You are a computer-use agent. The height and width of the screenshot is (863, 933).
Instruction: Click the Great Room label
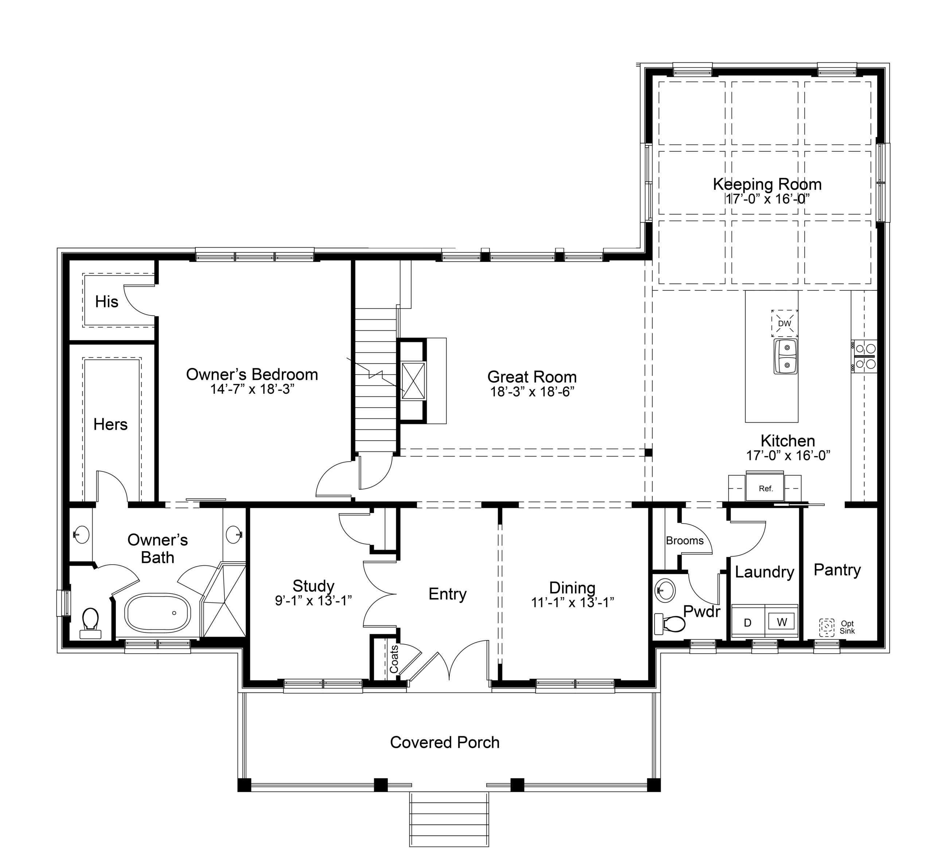pyautogui.click(x=532, y=377)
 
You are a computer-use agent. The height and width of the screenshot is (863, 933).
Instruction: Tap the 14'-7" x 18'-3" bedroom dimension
pyautogui.click(x=252, y=389)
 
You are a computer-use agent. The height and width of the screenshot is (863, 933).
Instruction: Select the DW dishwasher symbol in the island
pyautogui.click(x=784, y=323)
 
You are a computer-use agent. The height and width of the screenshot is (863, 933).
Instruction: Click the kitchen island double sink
pyautogui.click(x=785, y=357)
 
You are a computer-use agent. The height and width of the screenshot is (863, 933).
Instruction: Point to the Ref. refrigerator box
pyautogui.click(x=766, y=489)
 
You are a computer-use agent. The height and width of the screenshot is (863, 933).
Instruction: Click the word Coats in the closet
pyautogui.click(x=394, y=659)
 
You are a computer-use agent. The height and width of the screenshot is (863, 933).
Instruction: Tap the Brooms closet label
pyautogui.click(x=684, y=540)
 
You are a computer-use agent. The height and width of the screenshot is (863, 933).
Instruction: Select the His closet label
pyautogui.click(x=106, y=302)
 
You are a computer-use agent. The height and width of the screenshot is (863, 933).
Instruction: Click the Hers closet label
pyautogui.click(x=110, y=424)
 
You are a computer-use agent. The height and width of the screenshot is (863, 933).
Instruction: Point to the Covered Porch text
pyautogui.click(x=445, y=742)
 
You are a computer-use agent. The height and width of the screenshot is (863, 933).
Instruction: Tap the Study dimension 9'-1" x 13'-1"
pyautogui.click(x=313, y=601)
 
